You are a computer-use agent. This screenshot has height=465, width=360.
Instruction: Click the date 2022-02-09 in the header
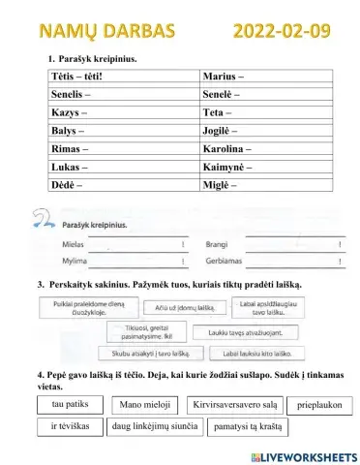coord(282,31)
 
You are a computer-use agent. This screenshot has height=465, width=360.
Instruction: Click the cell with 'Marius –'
coord(267,76)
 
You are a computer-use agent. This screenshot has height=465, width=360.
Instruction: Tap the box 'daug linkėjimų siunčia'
coord(155,426)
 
